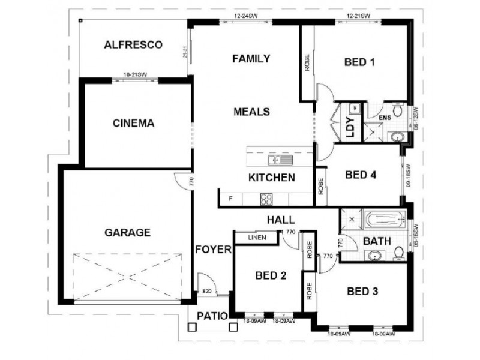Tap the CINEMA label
tap(134, 124)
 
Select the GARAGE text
tap(127, 232)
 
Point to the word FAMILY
tap(251, 59)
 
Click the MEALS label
tap(251, 112)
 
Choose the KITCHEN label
tap(272, 178)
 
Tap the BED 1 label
tap(360, 62)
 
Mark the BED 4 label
tap(361, 175)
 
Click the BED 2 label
tap(271, 276)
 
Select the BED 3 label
tap(362, 292)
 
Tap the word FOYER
tap(213, 250)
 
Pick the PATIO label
tap(211, 315)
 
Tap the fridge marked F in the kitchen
tap(229, 199)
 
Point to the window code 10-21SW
tap(135, 74)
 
